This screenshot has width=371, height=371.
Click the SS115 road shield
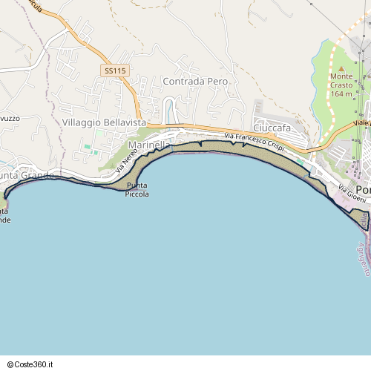coord(116,70)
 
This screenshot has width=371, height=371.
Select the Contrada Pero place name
coord(194,80)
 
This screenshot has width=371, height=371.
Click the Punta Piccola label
coord(137,190)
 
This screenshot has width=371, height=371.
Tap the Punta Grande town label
coord(25,176)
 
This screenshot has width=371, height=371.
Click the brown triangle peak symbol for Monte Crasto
coord(341,68)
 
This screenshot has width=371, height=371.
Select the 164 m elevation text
coord(341,93)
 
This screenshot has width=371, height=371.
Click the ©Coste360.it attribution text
coord(33,364)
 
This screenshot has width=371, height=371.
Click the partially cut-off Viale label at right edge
coord(361,122)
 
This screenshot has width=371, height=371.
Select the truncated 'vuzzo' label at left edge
coord(10,119)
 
